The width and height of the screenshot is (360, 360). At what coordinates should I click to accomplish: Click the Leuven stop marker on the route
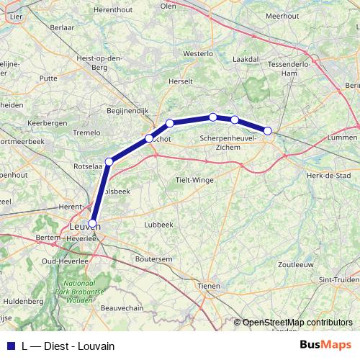tap(92, 222)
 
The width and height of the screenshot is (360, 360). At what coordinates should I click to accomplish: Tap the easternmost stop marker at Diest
tap(268, 131)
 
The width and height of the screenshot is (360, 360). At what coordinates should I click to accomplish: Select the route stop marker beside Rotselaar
tap(109, 161)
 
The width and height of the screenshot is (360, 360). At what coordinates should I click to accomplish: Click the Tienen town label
tap(209, 286)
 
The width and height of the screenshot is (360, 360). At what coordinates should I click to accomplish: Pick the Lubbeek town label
tap(159, 225)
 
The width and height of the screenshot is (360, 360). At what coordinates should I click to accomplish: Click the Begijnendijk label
tap(127, 111)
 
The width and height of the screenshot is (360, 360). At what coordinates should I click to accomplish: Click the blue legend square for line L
tap(10, 346)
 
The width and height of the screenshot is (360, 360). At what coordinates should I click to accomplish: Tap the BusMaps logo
tap(325, 345)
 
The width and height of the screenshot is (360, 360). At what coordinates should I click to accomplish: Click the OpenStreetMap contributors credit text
tap(297, 323)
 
